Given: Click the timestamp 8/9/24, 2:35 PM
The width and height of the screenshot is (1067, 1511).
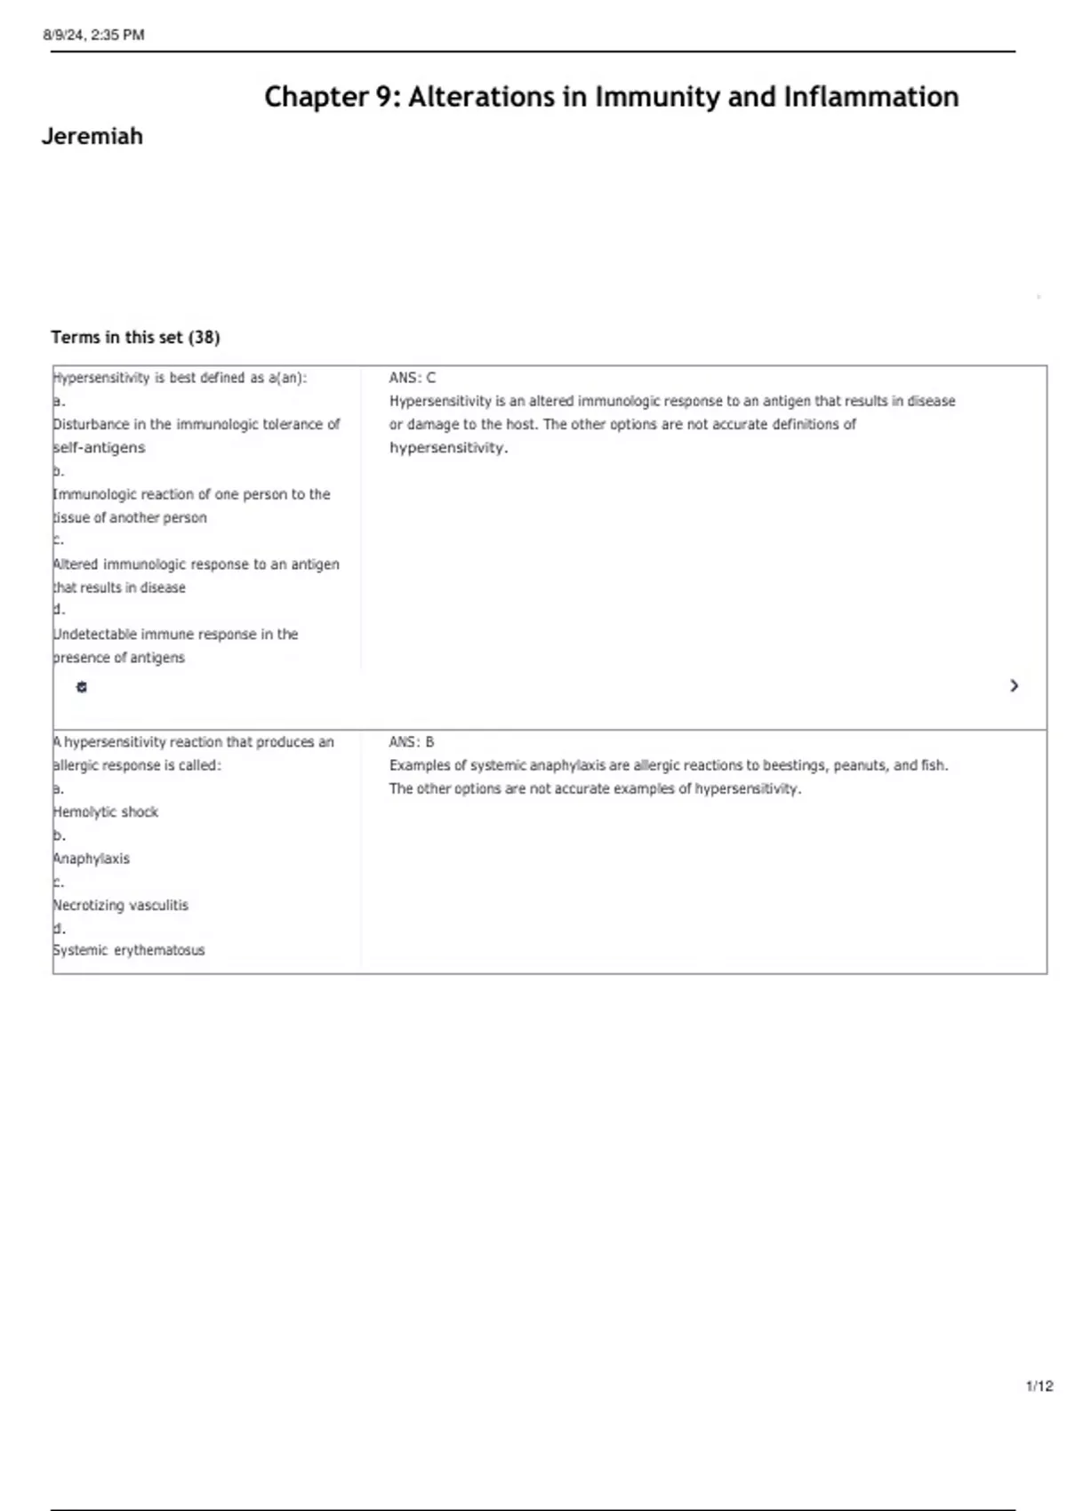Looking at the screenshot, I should tap(93, 36).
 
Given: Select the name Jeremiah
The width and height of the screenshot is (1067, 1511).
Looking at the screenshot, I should tap(92, 137).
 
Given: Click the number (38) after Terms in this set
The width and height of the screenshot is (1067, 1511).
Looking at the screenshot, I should tap(204, 338).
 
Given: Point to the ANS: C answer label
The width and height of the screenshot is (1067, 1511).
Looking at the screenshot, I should tap(413, 378).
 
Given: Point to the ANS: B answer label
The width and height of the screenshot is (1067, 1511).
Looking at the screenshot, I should tap(412, 742).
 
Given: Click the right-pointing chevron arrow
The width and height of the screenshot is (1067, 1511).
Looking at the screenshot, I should tap(1014, 686).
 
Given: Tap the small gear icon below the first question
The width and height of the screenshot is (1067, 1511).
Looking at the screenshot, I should tap(82, 687).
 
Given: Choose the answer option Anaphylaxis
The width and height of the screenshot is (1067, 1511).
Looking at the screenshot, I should tap(92, 859).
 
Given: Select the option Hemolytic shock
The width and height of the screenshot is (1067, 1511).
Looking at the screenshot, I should tap(106, 812).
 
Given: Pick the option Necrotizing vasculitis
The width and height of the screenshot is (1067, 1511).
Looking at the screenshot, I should tap(121, 906).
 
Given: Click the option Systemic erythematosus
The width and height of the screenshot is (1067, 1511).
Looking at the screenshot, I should tap(129, 950).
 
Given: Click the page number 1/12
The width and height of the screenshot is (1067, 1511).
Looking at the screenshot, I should tap(1039, 1387).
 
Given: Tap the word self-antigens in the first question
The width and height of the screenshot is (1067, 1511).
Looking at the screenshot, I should tap(99, 448).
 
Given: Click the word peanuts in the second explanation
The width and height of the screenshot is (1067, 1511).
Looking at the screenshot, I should tap(859, 765).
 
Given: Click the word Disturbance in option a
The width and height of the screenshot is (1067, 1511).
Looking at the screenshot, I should tap(92, 425).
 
